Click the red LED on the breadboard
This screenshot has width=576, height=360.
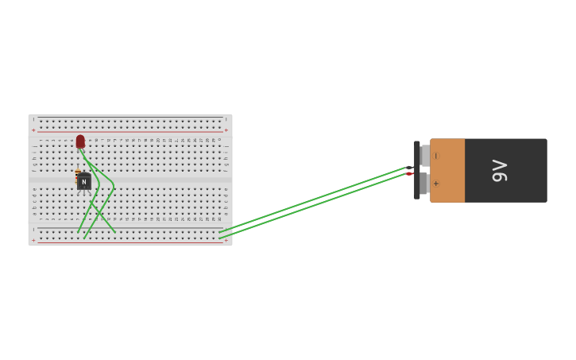point(80,141)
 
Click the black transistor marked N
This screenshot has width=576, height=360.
point(83,181)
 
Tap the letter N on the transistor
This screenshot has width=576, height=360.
point(83,182)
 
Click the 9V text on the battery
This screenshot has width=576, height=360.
point(500,170)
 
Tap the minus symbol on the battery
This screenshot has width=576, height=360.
point(435,156)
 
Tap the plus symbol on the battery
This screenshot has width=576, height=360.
point(435,184)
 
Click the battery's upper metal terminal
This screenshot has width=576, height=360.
point(425,155)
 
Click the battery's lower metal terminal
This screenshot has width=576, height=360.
point(424,184)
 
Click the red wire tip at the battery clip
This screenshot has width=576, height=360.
point(409,174)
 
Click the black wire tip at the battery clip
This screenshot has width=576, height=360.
point(409,168)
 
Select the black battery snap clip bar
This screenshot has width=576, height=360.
point(417,170)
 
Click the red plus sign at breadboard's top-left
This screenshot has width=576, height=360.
point(33,130)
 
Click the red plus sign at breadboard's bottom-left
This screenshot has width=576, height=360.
point(33,240)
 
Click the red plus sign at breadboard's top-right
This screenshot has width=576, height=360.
point(226,130)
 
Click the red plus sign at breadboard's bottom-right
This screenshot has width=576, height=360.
point(226,240)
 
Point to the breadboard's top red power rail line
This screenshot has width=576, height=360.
point(130,131)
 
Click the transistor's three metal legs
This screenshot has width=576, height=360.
point(83,192)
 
